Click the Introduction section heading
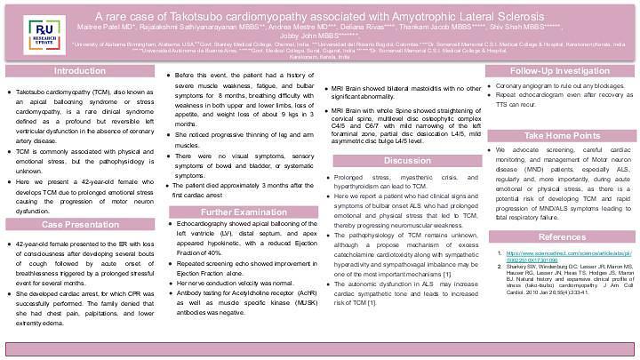click(x=79, y=71)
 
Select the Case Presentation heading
click(x=79, y=226)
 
